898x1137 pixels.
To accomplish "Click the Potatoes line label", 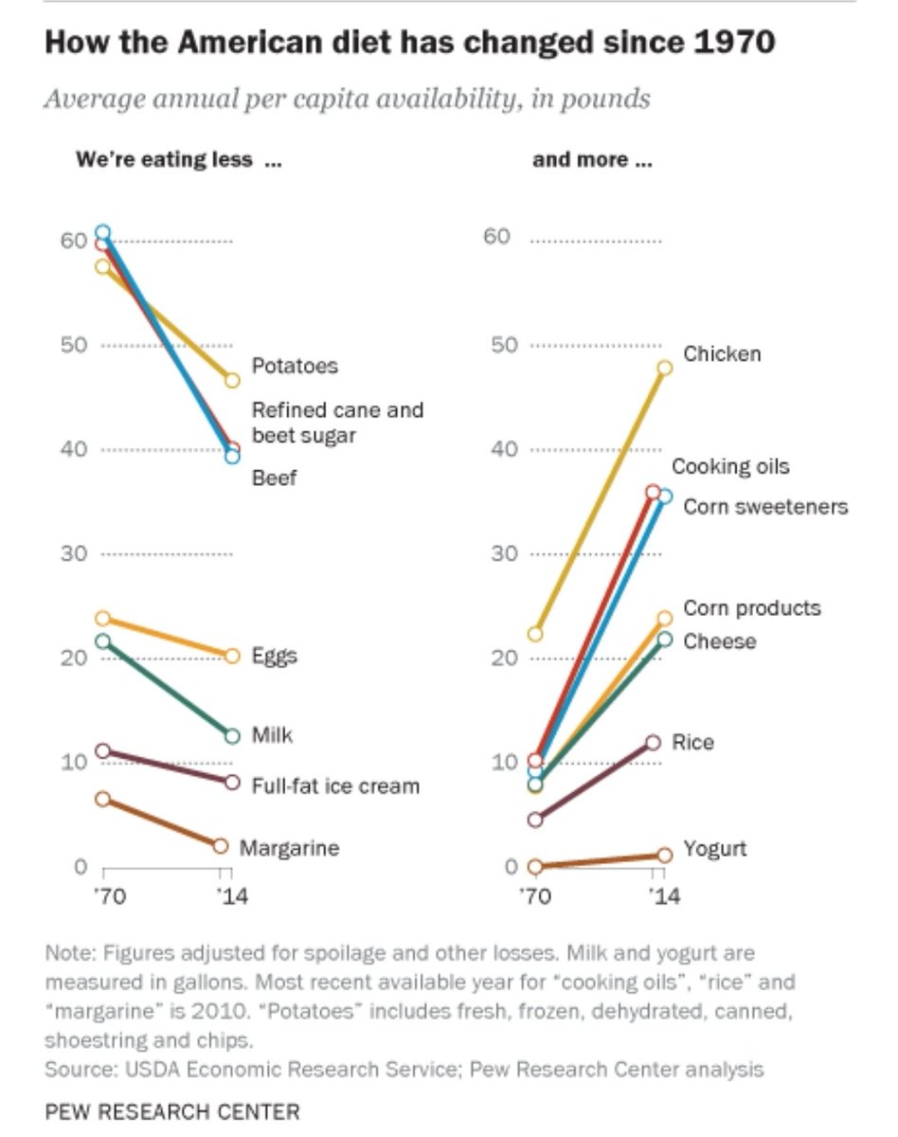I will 294,366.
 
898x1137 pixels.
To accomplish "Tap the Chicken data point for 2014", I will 664,368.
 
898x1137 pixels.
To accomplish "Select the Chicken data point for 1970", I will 535,634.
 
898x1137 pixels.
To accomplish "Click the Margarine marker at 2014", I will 221,846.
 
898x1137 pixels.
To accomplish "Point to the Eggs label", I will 274,656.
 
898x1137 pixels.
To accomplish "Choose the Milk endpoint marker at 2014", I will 232,736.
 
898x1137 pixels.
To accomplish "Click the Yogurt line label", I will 714,848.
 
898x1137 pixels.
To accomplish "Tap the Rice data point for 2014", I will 653,743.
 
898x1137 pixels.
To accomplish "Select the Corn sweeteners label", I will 765,507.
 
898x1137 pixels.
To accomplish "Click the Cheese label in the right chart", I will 719,641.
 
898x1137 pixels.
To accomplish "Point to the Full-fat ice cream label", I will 334,786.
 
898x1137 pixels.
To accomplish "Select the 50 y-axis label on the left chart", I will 74,345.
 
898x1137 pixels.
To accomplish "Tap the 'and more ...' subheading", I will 592,159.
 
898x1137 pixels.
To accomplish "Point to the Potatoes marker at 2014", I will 232,381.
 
